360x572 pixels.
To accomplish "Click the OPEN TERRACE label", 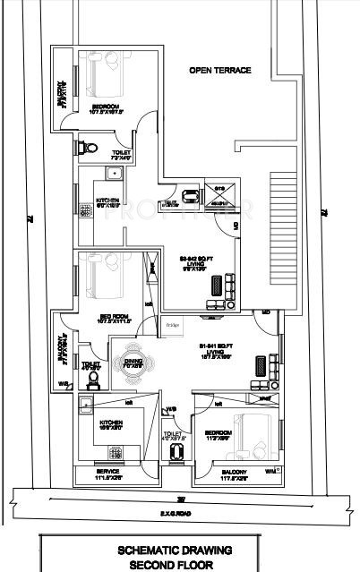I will tap(219, 70).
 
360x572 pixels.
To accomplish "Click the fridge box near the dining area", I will tap(172, 326).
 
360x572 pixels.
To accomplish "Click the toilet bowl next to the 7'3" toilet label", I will tap(90, 146).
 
